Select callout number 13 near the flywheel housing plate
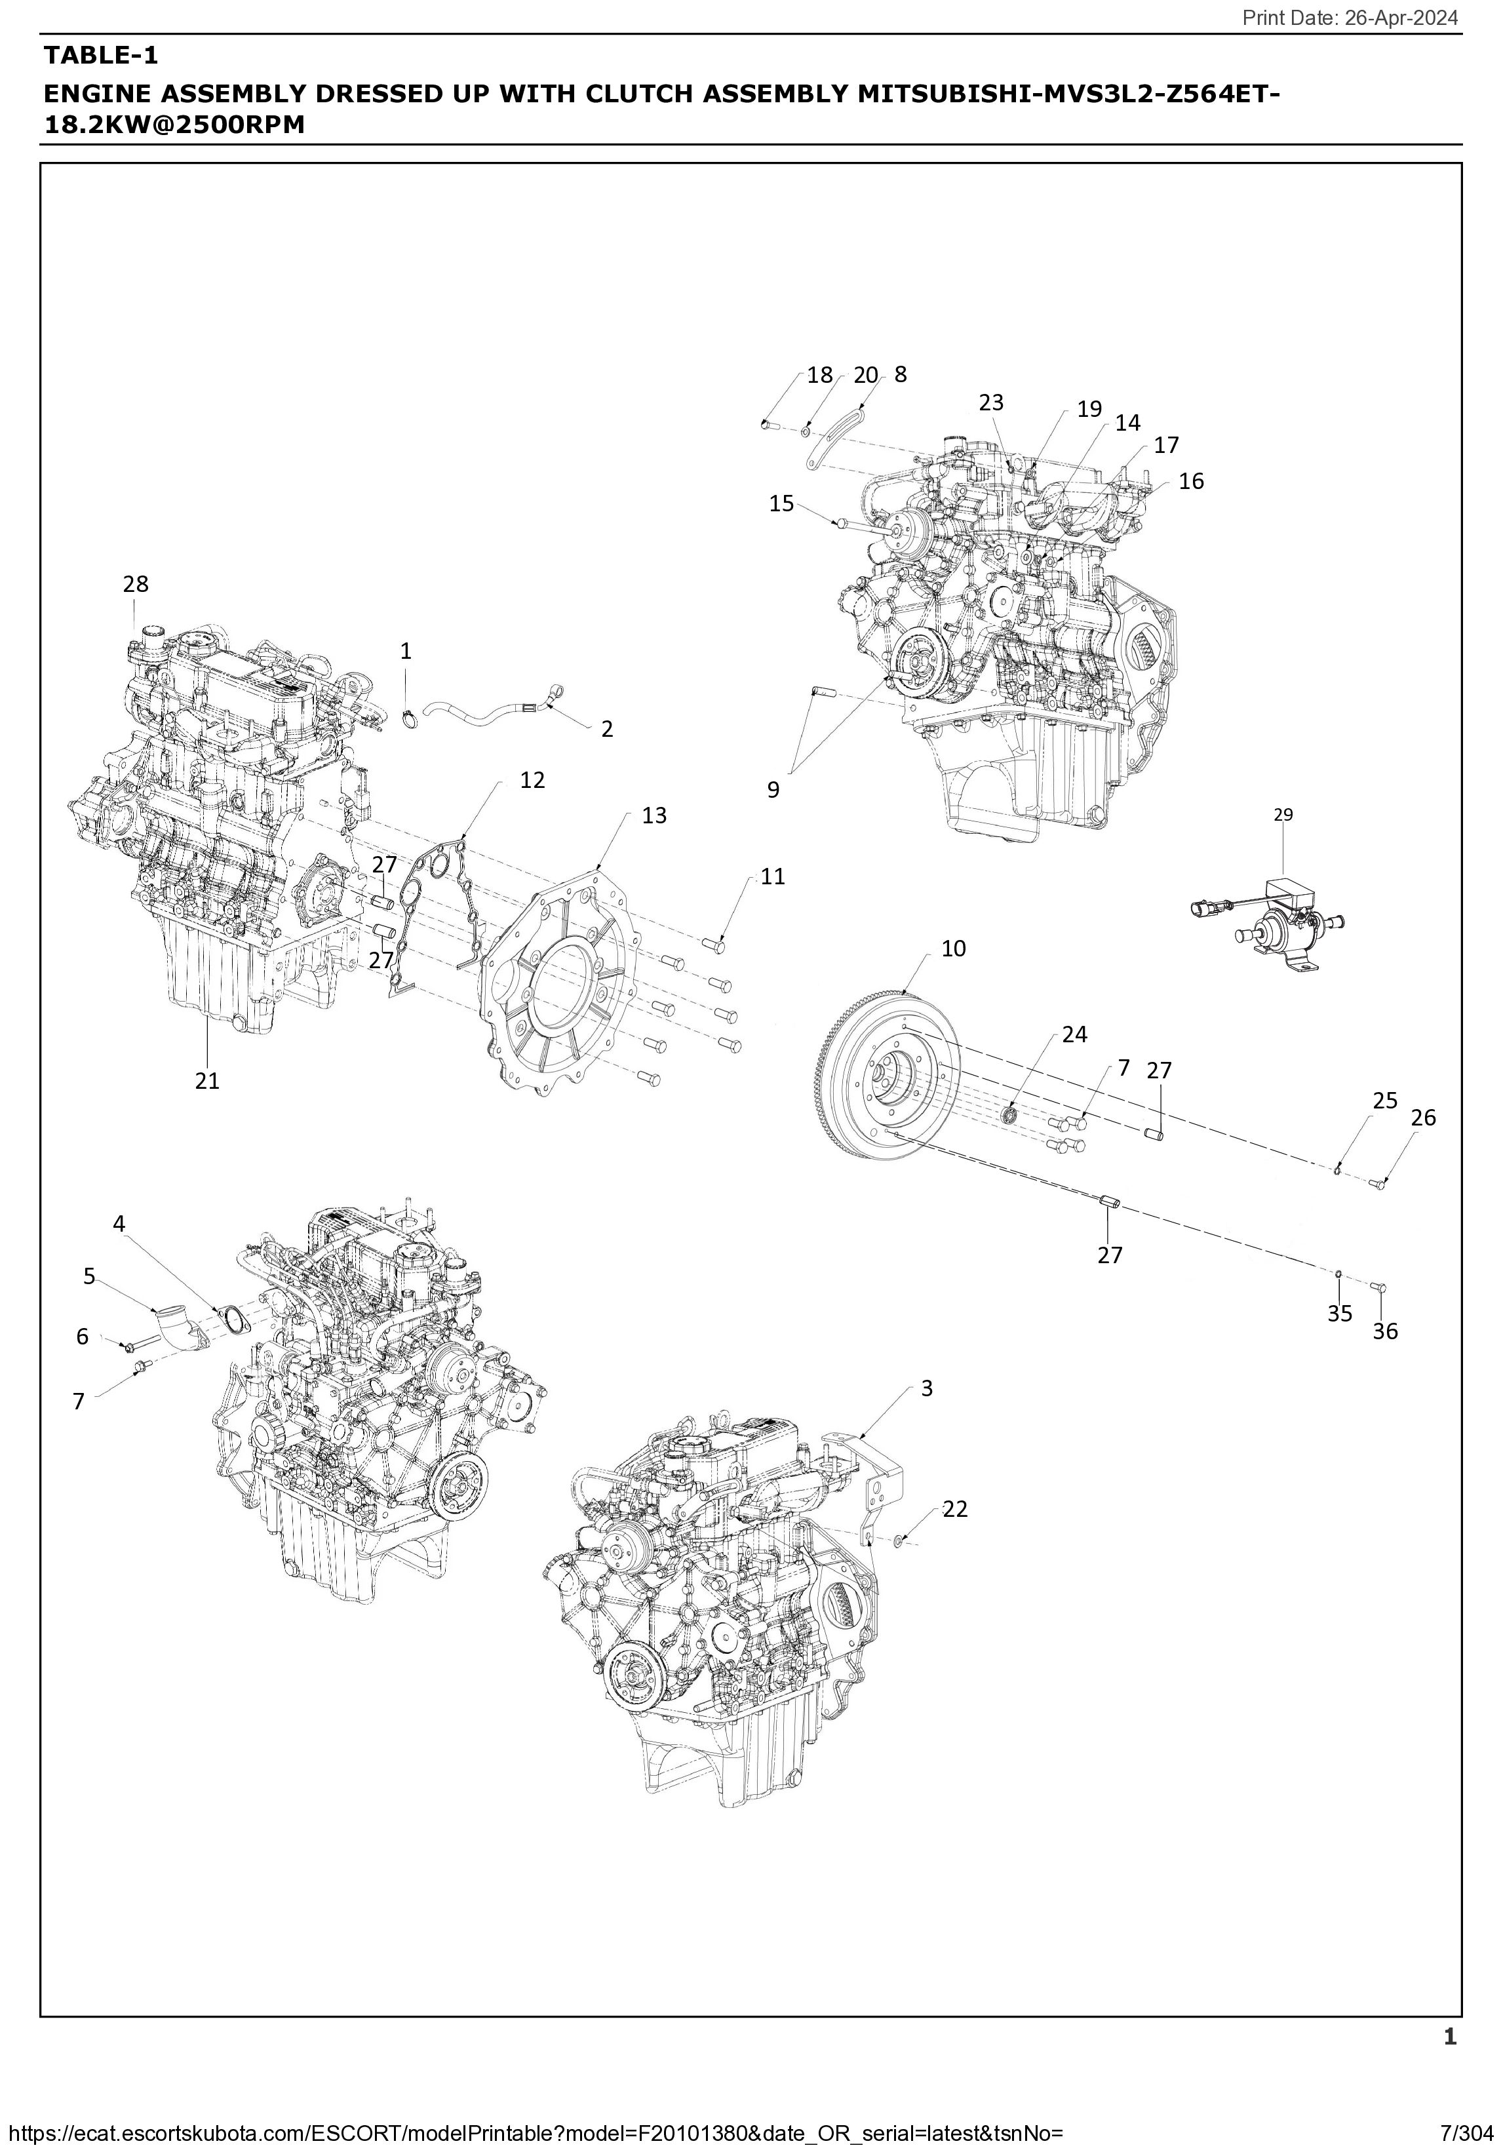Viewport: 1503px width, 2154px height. click(654, 815)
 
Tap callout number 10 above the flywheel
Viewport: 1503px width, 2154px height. click(953, 949)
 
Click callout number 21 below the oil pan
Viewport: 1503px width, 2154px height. click(207, 1081)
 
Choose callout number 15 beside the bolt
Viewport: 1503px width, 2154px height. click(781, 504)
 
